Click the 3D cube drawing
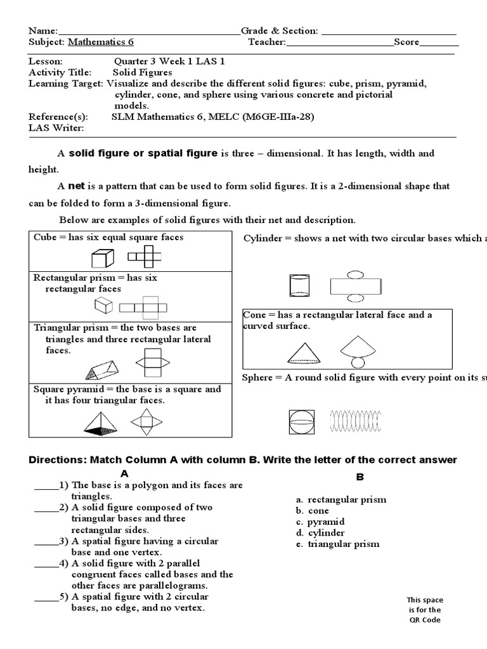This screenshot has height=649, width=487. [103, 259]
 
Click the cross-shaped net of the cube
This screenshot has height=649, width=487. [144, 257]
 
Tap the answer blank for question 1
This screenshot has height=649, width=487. [46, 485]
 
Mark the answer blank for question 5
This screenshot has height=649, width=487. [46, 597]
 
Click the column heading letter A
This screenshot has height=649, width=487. [125, 473]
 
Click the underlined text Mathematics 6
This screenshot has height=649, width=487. [101, 42]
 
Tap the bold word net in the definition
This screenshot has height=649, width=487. [76, 186]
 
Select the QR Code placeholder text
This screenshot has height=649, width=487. [425, 610]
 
